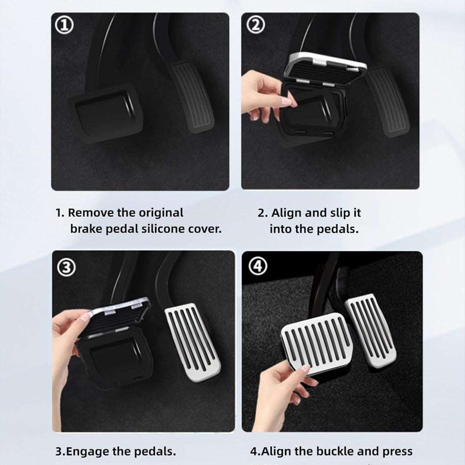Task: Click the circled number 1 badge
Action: click(64, 26)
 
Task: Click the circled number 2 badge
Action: click(256, 25)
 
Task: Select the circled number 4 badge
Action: click(258, 266)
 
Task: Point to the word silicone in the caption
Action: click(164, 229)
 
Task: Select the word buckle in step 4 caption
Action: click(337, 452)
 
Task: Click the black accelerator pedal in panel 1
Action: click(192, 97)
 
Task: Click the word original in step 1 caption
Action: click(160, 213)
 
